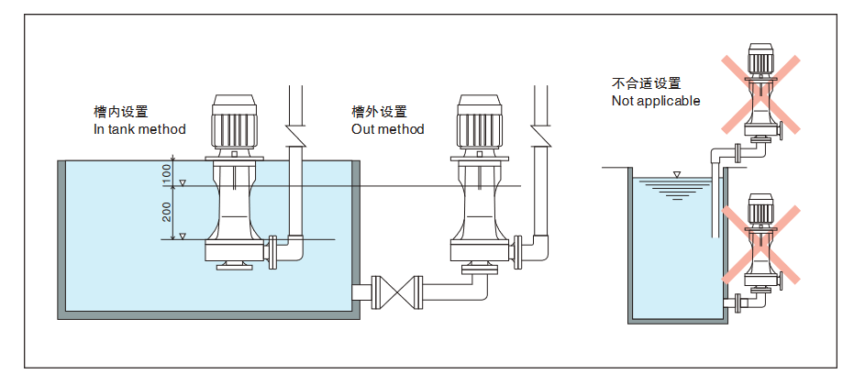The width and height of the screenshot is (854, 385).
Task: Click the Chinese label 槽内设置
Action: (x=120, y=112)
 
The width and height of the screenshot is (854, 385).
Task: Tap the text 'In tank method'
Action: (x=139, y=129)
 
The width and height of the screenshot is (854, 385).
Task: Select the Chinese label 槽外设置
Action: (x=379, y=112)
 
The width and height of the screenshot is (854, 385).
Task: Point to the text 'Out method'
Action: (x=388, y=129)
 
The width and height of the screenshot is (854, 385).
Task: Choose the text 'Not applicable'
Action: (x=656, y=101)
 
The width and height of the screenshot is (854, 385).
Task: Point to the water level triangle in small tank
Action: (x=677, y=174)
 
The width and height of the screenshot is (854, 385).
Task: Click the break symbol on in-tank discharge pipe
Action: (x=295, y=136)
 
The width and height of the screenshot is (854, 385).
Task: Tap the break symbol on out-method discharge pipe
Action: (x=540, y=136)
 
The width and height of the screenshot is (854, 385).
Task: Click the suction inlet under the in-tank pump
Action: (x=235, y=268)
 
